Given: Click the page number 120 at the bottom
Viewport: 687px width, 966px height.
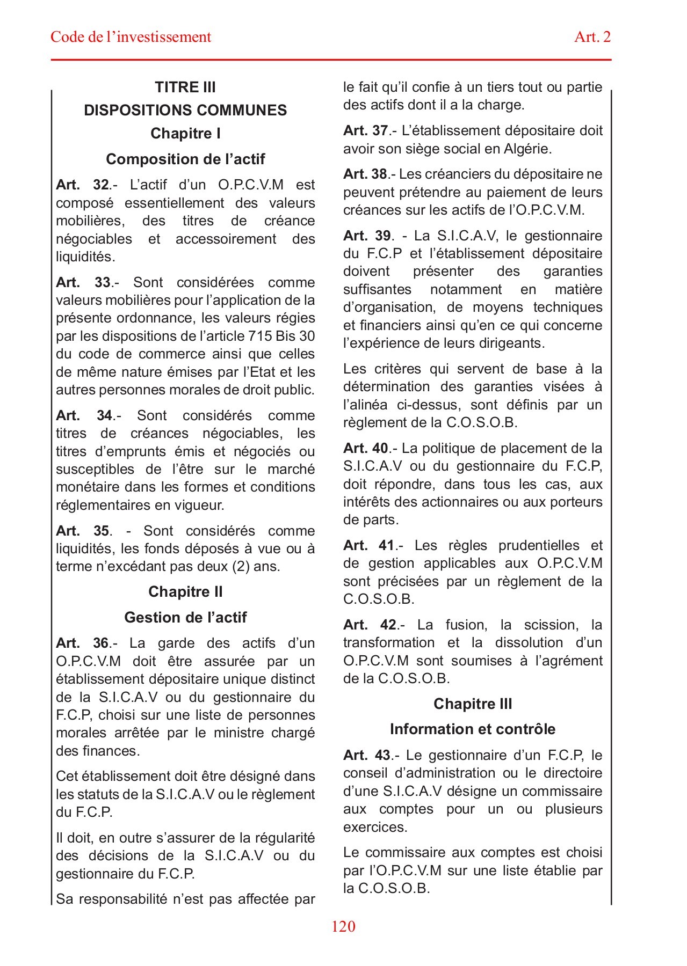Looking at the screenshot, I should [x=343, y=926].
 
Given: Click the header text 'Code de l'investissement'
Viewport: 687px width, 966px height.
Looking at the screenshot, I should [x=131, y=37].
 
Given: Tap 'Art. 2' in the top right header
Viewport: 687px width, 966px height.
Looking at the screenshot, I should [x=592, y=37].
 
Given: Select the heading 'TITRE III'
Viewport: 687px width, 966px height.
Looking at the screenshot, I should [x=185, y=87].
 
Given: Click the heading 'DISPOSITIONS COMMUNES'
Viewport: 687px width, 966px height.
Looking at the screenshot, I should [x=185, y=111].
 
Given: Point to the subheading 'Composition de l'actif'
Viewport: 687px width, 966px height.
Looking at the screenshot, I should [x=185, y=159].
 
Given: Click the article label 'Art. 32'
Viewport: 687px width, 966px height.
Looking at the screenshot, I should [x=83, y=185].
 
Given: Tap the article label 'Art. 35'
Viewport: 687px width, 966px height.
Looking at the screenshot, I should [x=83, y=531].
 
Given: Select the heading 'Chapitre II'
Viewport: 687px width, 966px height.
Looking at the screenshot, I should [x=185, y=592].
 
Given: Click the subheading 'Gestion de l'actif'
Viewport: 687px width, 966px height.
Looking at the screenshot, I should [x=185, y=618].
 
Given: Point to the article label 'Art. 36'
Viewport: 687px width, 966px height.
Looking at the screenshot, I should [x=83, y=643].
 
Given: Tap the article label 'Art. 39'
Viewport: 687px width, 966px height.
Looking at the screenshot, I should [x=368, y=236].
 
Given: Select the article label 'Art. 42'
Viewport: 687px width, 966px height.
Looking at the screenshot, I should [x=370, y=625].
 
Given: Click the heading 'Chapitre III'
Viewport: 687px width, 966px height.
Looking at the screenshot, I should [x=473, y=704].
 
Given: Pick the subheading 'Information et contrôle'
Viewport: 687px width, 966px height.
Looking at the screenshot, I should [x=473, y=729].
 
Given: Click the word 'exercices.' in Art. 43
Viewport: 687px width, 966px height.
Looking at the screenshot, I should [x=375, y=828].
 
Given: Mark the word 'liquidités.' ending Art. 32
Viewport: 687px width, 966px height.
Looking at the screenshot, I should [x=85, y=257].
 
